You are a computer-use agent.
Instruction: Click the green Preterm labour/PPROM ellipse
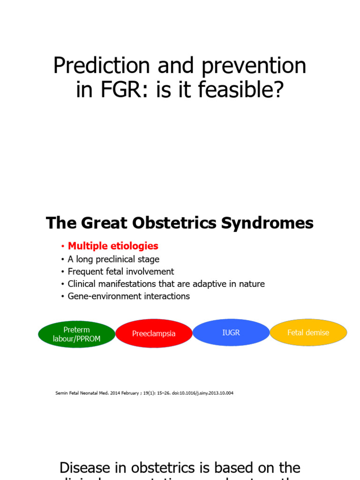pyautogui.click(x=76, y=334)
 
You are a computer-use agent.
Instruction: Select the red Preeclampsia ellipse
pyautogui.click(x=154, y=334)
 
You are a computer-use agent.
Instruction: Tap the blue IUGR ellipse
pyautogui.click(x=231, y=332)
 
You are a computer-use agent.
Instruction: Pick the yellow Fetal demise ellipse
pyautogui.click(x=308, y=332)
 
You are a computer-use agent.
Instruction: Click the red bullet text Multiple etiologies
pyautogui.click(x=113, y=246)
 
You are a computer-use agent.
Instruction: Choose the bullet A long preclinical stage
pyautogui.click(x=113, y=259)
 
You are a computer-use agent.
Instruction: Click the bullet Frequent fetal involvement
pyautogui.click(x=120, y=271)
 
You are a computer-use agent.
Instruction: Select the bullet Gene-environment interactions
pyautogui.click(x=128, y=296)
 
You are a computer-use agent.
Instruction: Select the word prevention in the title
pyautogui.click(x=254, y=66)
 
